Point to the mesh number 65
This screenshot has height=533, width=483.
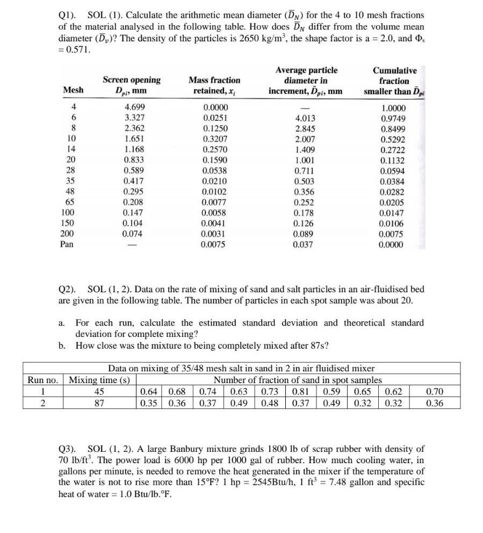click(x=70, y=202)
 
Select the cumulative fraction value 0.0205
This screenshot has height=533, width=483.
click(x=393, y=202)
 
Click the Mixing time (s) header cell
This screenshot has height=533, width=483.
click(x=100, y=380)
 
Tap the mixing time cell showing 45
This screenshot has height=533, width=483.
click(x=100, y=392)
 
